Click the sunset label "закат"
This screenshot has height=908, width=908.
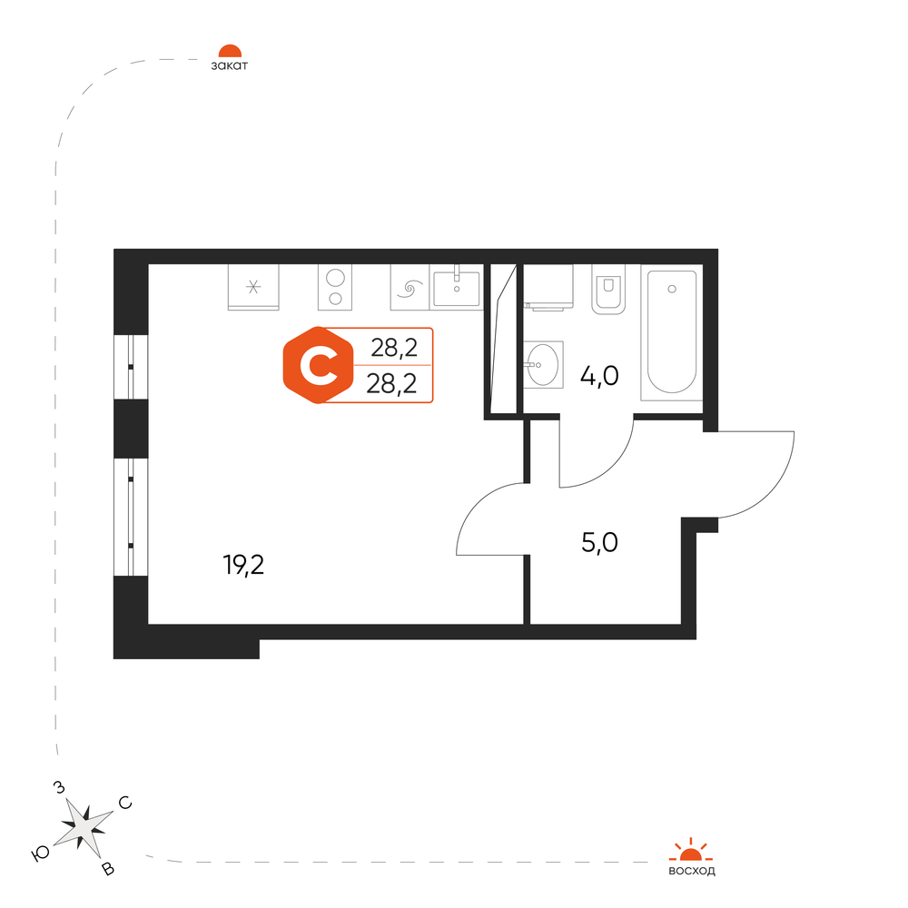229,65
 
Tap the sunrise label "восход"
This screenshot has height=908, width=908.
691,872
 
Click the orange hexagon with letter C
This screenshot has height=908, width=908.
316,365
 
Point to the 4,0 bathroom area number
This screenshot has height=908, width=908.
599,375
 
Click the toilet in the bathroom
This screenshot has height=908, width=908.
607,289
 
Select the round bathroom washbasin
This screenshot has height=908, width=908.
544,363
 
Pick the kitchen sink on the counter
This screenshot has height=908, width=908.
457,287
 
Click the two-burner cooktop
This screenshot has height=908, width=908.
336,287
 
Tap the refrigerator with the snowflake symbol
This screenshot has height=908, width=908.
252,287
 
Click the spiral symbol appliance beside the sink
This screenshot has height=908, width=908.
409,290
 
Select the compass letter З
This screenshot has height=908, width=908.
60,787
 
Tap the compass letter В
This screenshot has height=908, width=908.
108,870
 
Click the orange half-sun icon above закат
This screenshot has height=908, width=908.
229,52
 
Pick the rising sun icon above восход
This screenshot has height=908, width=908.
691,850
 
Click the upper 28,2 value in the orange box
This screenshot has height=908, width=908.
394,347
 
